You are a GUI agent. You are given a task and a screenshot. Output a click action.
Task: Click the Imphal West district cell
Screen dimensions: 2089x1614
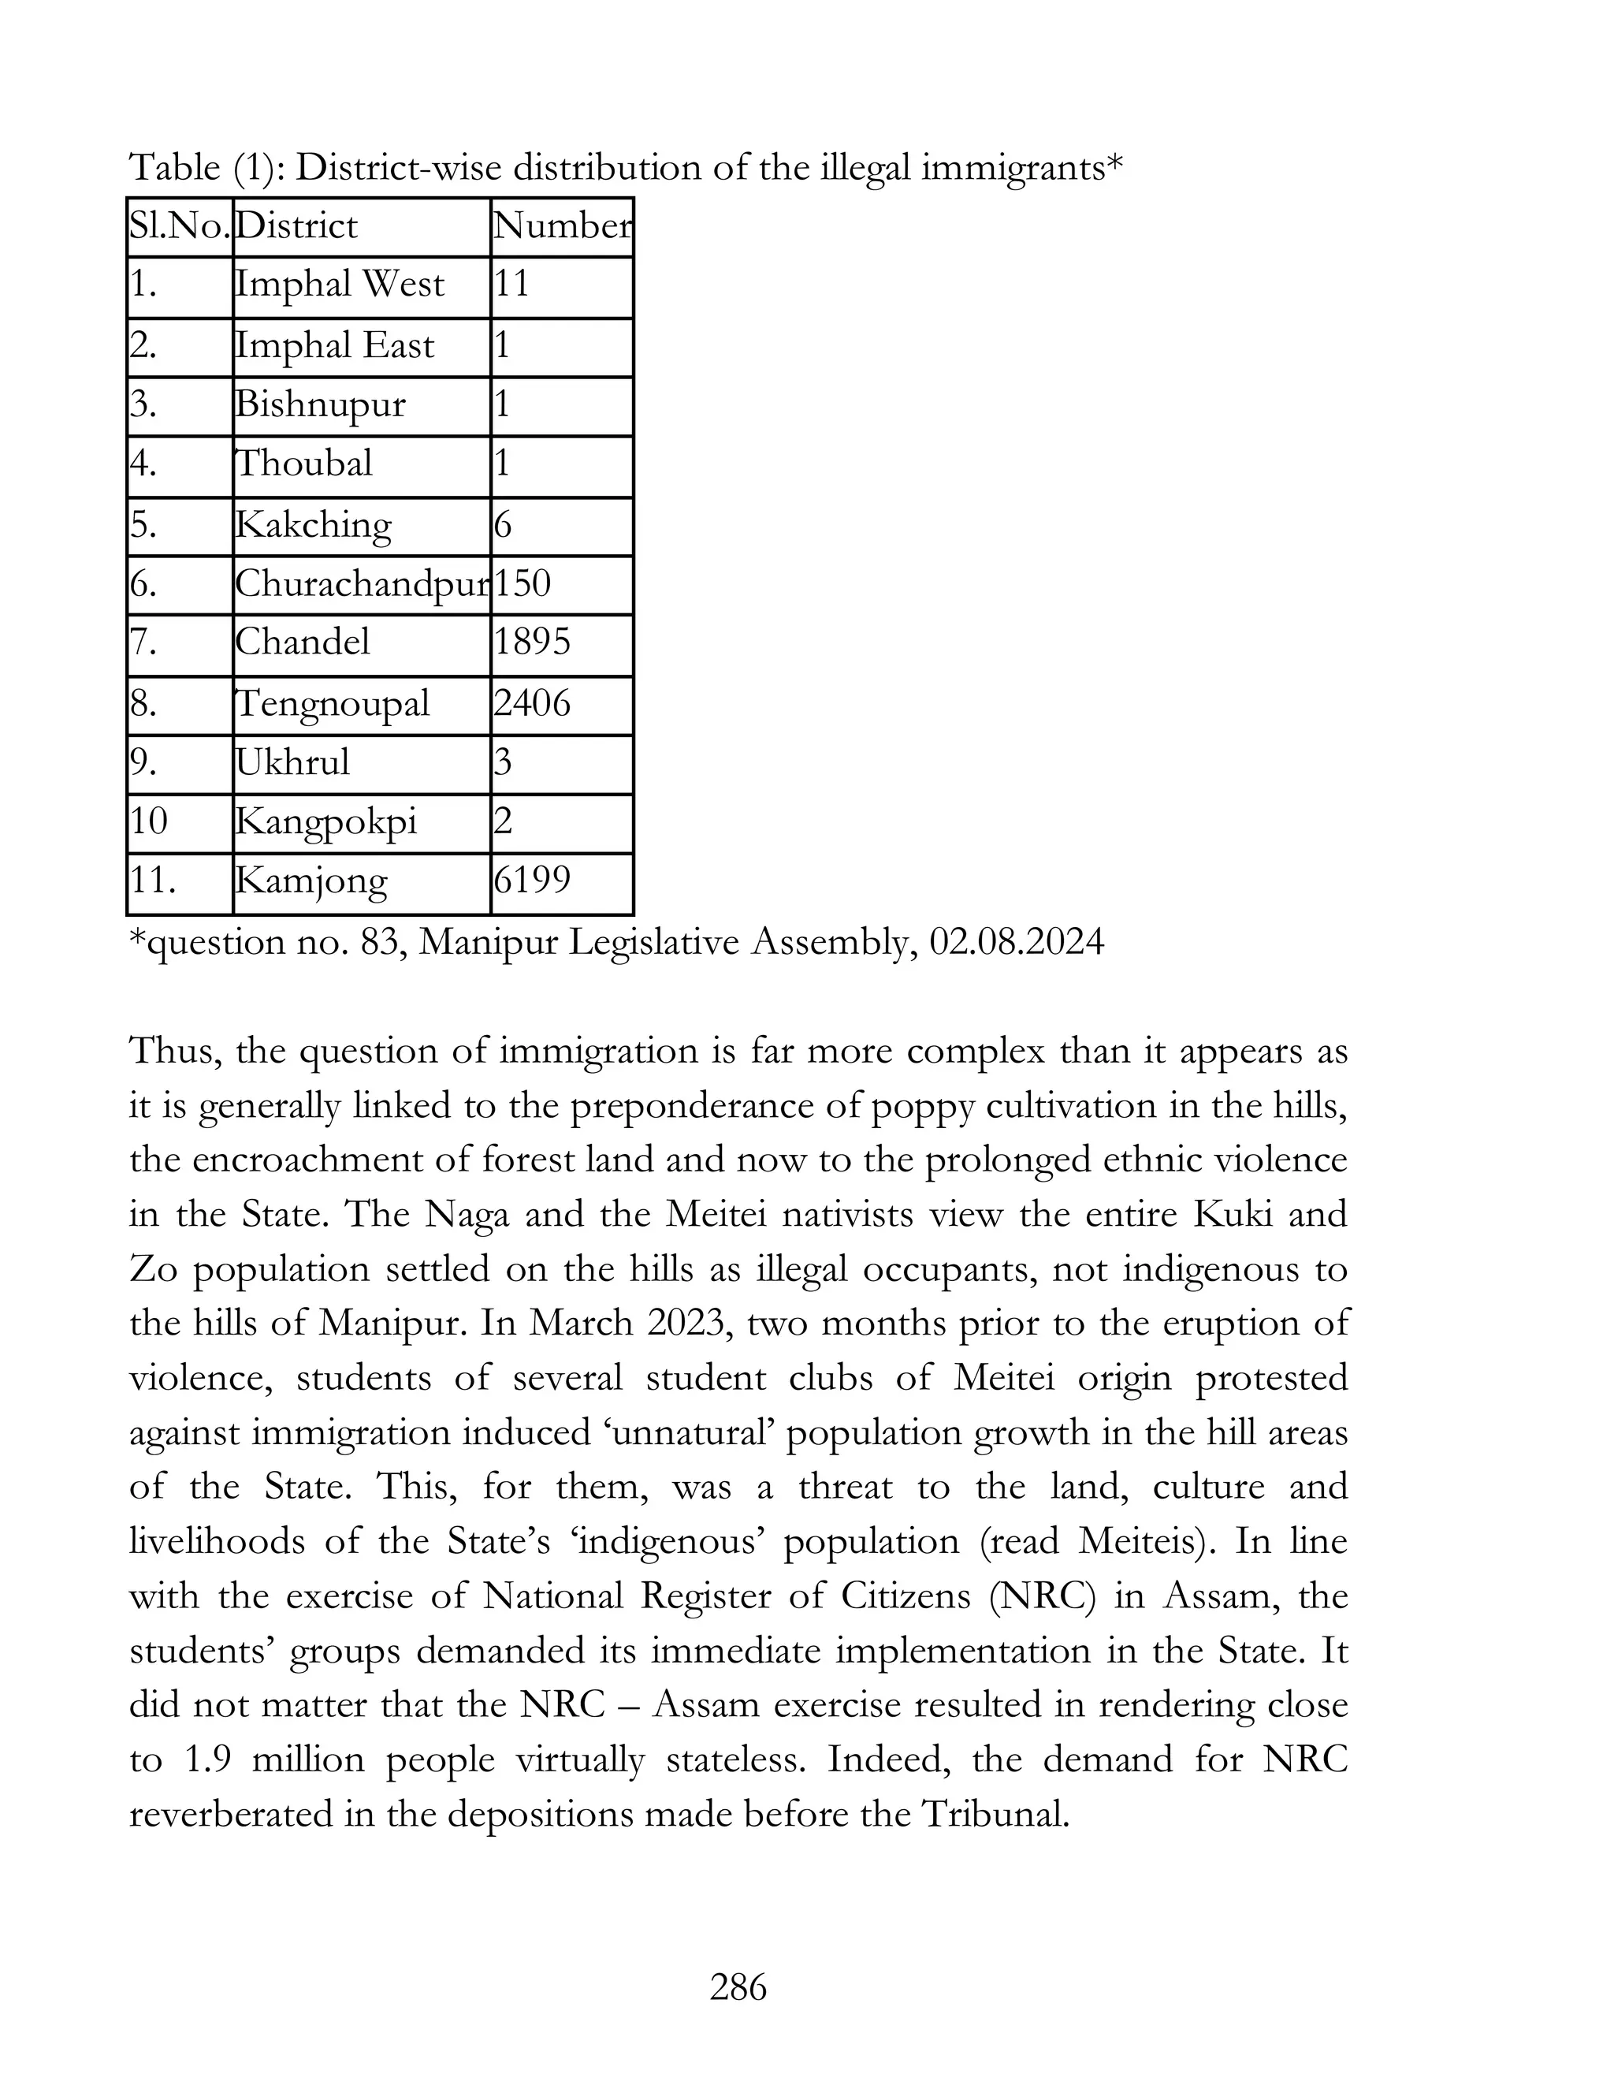pyautogui.click(x=340, y=285)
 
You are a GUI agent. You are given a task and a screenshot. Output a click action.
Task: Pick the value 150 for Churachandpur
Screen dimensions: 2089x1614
pyautogui.click(x=523, y=583)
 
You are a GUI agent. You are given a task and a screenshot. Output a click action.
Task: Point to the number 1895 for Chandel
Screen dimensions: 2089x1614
pyautogui.click(x=533, y=642)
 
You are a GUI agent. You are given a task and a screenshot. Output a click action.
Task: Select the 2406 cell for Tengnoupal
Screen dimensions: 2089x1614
pyautogui.click(x=533, y=704)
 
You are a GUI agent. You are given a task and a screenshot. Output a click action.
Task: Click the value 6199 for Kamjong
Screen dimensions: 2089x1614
pyautogui.click(x=533, y=880)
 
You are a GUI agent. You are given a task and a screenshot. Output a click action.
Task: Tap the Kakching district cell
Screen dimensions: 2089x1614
pyautogui.click(x=314, y=525)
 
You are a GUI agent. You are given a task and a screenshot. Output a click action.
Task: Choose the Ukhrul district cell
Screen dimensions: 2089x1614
pyautogui.click(x=293, y=762)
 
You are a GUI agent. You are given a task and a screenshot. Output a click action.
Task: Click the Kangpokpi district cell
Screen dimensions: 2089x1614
pyautogui.click(x=326, y=821)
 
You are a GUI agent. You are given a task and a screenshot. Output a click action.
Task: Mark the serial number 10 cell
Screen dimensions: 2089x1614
pyautogui.click(x=149, y=821)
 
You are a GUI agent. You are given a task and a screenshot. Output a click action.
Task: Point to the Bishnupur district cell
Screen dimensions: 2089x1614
pyautogui.click(x=320, y=404)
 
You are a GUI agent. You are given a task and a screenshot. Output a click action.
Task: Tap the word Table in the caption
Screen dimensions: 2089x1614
pyautogui.click(x=175, y=169)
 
